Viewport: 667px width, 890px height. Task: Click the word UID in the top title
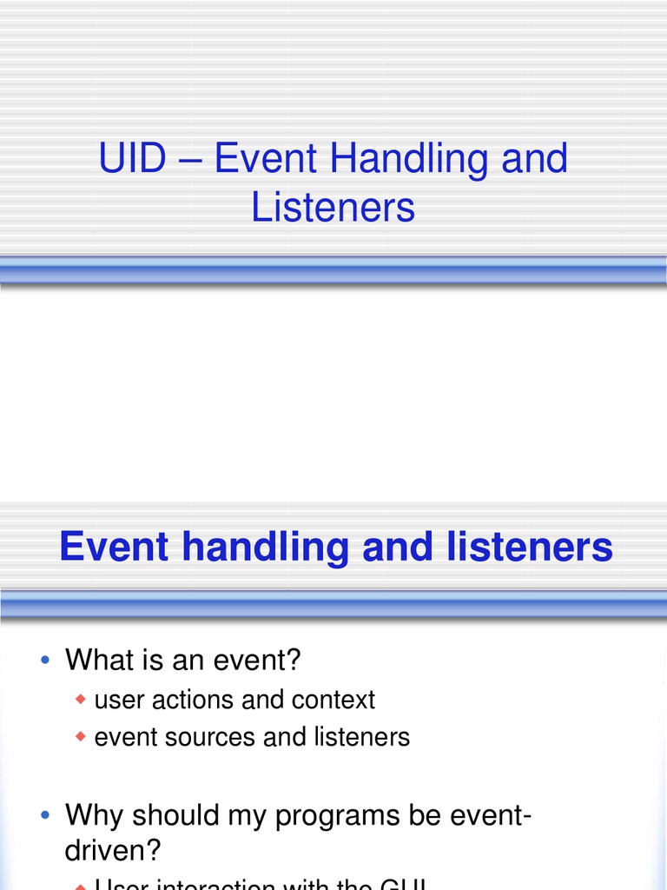point(131,160)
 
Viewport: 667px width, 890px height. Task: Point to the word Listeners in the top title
point(333,209)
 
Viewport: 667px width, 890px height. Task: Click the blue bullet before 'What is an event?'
point(45,661)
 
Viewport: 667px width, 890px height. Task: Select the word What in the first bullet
point(96,661)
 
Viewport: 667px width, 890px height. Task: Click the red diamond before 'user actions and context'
point(81,699)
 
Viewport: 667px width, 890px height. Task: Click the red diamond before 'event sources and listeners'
point(81,736)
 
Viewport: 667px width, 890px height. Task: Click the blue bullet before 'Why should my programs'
point(45,815)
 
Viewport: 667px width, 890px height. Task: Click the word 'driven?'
point(114,849)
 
